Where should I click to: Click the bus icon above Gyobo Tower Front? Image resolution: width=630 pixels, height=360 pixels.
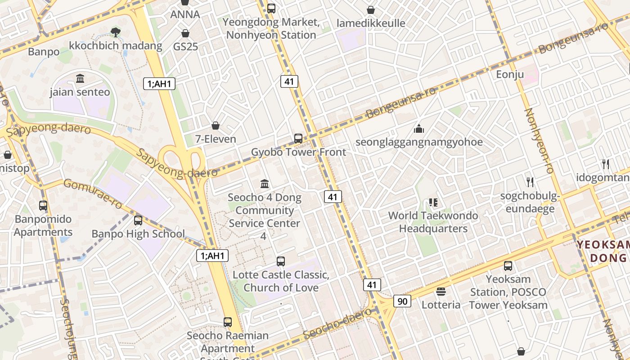click(x=298, y=138)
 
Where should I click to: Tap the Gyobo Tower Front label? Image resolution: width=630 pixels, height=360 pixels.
click(x=298, y=152)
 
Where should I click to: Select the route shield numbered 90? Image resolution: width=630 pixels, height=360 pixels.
click(x=402, y=301)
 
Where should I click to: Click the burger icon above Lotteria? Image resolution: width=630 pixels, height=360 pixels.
click(x=441, y=292)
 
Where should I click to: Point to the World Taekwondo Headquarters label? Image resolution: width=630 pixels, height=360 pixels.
click(x=433, y=222)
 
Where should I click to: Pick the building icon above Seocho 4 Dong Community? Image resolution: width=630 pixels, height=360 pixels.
click(x=265, y=184)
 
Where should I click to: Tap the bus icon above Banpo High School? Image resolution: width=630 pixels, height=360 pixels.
click(x=138, y=220)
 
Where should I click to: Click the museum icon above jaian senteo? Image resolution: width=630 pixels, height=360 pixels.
click(x=80, y=79)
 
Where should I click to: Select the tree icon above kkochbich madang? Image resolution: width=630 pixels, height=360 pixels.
click(x=116, y=32)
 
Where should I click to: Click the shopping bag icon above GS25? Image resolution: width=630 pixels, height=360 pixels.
click(x=185, y=33)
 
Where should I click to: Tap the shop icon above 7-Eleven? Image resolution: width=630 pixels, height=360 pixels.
click(x=216, y=125)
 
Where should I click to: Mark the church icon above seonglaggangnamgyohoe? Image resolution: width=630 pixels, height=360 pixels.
click(x=419, y=129)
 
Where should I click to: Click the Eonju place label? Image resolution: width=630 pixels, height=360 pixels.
click(x=510, y=74)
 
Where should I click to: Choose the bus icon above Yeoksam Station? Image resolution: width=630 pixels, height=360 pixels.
click(x=508, y=265)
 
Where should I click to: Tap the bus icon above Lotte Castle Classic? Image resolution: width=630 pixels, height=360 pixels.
click(x=281, y=261)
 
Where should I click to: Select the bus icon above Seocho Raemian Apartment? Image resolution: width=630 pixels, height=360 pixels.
click(x=228, y=322)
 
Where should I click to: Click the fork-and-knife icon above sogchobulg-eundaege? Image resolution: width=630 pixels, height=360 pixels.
click(x=530, y=182)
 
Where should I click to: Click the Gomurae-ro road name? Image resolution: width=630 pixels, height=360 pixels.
click(x=92, y=193)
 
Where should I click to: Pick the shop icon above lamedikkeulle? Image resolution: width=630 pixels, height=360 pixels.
click(x=371, y=10)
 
